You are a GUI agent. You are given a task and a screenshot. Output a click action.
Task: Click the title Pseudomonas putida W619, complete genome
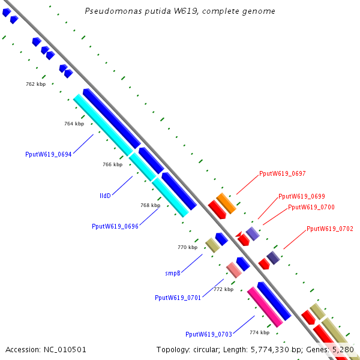tap(180, 11)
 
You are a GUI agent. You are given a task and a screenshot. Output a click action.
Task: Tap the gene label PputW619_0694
tap(49, 154)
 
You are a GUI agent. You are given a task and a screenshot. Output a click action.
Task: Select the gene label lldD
tap(105, 196)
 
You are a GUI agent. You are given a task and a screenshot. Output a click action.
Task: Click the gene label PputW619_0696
tap(115, 226)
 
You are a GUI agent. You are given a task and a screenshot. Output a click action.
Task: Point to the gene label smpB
tap(173, 273)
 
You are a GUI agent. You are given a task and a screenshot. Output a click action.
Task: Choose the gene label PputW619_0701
tap(178, 298)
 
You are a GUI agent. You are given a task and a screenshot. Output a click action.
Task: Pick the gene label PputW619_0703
tap(209, 334)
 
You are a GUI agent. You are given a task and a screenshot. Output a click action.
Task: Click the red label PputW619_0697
tap(283, 173)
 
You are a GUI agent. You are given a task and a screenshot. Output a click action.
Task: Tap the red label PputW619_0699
tap(302, 196)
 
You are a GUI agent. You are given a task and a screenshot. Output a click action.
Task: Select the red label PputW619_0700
tap(311, 207)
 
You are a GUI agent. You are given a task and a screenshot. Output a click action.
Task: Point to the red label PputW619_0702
tap(330, 229)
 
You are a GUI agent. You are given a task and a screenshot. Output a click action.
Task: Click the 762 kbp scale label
tap(36, 84)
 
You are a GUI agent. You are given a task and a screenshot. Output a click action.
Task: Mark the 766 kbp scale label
tap(113, 164)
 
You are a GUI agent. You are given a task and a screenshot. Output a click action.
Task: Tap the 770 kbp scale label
tap(188, 247)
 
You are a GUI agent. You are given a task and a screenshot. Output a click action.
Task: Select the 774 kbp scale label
tap(260, 332)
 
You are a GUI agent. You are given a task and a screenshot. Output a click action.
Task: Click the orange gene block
tap(226, 203)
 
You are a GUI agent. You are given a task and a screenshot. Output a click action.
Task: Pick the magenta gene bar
tap(265, 307)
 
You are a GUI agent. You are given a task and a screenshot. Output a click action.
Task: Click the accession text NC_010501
tap(65, 350)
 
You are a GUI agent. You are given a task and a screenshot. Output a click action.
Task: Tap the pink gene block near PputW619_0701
tap(234, 270)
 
